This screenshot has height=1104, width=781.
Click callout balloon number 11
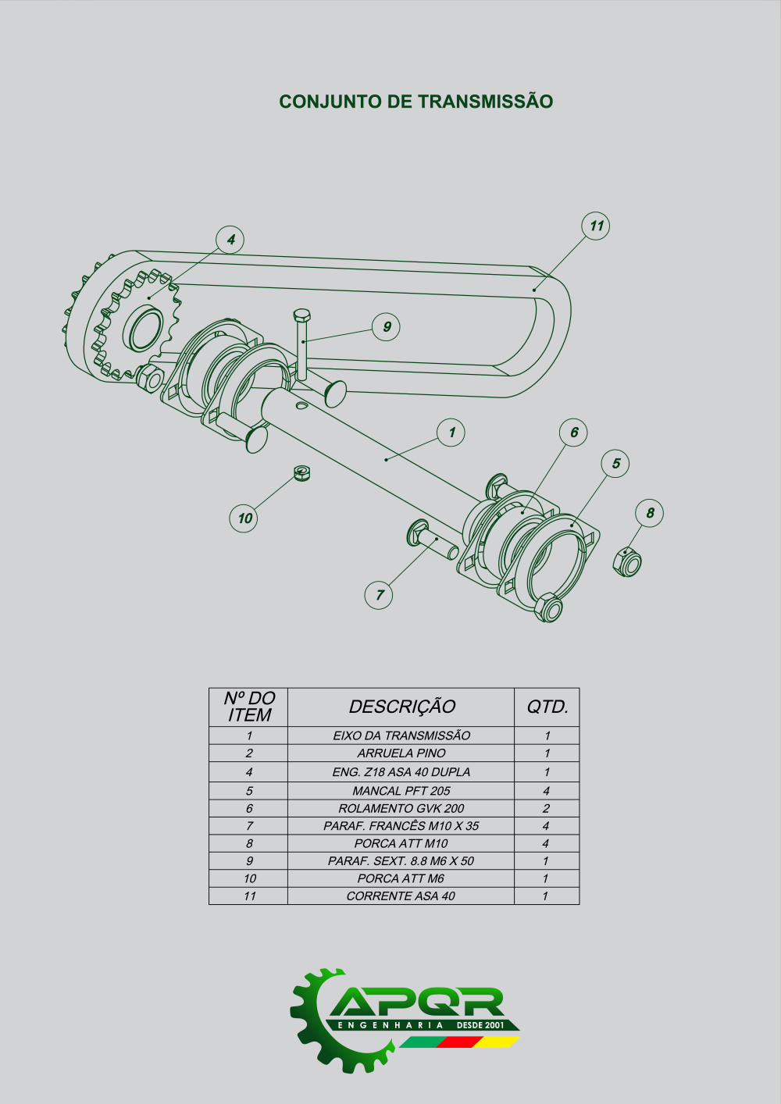tap(596, 226)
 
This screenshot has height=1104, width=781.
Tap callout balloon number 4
tap(230, 240)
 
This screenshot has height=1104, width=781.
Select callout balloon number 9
tap(386, 327)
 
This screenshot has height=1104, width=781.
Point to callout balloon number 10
tap(244, 518)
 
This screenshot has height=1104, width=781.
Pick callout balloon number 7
tap(379, 595)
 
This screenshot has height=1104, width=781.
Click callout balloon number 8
tap(649, 513)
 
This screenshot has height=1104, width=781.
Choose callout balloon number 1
tap(451, 433)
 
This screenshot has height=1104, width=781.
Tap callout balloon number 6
tap(573, 433)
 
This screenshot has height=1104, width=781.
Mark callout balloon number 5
tap(615, 463)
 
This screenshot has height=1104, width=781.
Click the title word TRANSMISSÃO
tap(485, 101)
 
